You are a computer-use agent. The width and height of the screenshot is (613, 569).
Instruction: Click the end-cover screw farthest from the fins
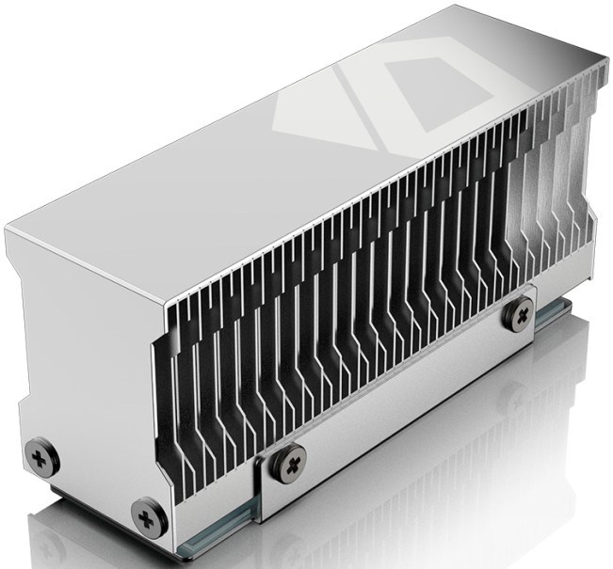point(43,458)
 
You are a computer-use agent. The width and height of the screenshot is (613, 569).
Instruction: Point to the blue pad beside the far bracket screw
point(546,324)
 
